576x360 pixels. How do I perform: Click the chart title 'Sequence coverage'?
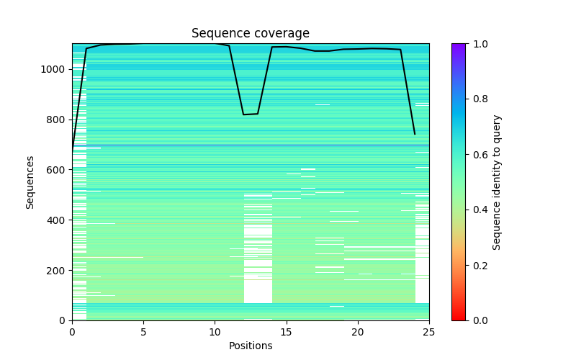coord(251,34)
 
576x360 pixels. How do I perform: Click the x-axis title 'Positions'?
coord(251,346)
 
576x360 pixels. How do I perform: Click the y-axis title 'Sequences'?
coord(30,182)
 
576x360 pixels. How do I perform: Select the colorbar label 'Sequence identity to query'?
coord(497,182)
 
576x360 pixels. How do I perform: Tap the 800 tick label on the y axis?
coord(58,120)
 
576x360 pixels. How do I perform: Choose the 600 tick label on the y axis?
coord(58,170)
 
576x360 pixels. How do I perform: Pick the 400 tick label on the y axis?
coord(58,220)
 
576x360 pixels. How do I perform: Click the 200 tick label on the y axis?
coord(58,271)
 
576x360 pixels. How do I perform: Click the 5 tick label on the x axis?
coord(143,332)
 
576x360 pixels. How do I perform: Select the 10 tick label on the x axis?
coord(215,332)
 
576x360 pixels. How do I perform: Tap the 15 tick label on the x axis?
coord(286,332)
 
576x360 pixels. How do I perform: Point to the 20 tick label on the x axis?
coord(358,332)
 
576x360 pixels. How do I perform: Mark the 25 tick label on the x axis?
coord(429,332)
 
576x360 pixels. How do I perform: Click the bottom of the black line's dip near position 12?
coord(244,114)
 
